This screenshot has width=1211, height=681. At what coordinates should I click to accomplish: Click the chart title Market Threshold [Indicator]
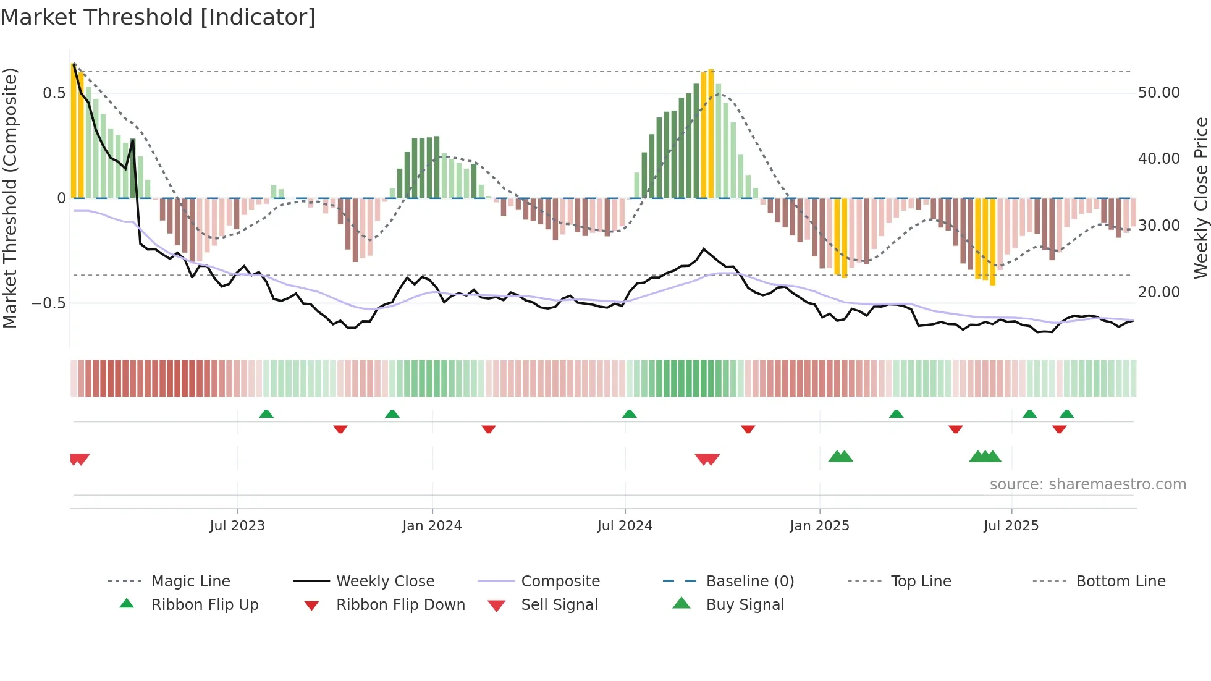[158, 17]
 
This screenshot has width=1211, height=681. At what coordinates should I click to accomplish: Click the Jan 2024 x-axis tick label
[432, 525]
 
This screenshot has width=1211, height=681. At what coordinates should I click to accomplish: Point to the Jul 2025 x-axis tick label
[1011, 525]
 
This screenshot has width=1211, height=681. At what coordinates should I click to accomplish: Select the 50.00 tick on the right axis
[1158, 93]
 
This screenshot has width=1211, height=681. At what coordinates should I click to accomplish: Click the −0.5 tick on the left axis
[48, 303]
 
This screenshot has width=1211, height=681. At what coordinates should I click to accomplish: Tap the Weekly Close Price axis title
[1200, 198]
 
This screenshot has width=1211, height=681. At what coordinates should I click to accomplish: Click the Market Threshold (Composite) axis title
[10, 198]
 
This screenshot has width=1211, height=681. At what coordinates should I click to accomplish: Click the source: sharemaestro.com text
[1087, 484]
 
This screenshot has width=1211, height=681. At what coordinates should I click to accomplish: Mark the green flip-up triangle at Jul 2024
[629, 413]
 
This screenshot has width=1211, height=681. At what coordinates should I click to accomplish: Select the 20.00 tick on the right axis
[1158, 292]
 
